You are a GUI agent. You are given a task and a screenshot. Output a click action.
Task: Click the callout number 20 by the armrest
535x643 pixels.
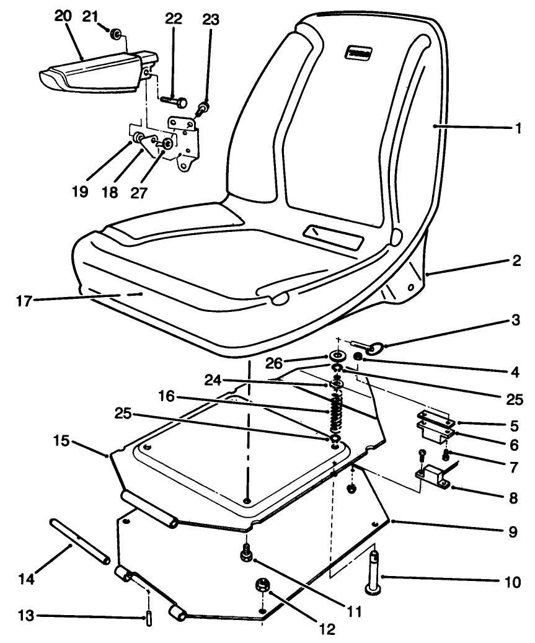point(63,18)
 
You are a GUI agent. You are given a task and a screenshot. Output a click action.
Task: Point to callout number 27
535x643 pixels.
point(139,192)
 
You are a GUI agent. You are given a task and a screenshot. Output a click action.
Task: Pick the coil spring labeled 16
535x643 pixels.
point(335,415)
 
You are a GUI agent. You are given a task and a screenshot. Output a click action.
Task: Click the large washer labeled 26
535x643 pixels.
point(338,357)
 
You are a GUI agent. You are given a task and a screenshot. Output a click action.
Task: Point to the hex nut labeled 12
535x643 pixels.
point(261,586)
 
